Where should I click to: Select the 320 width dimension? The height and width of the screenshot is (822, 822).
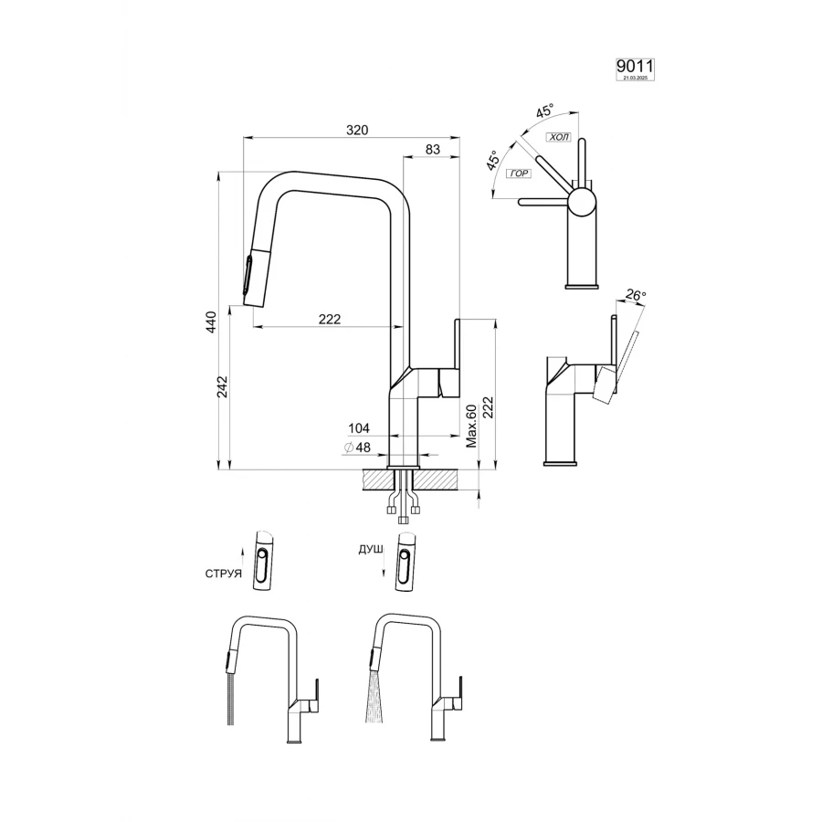(356, 131)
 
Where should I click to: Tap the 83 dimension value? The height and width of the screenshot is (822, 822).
(433, 149)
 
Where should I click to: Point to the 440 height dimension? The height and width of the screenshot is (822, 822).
(211, 321)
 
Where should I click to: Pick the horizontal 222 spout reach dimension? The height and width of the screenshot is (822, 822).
(330, 319)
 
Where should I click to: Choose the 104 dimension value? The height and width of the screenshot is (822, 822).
(359, 428)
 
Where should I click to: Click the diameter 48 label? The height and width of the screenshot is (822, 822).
(357, 447)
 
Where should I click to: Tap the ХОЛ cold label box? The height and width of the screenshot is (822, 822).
(557, 137)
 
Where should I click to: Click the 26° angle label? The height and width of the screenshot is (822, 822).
(636, 296)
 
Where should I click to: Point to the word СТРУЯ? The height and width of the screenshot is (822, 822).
(224, 574)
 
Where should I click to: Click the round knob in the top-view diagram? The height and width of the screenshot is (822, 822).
(582, 202)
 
